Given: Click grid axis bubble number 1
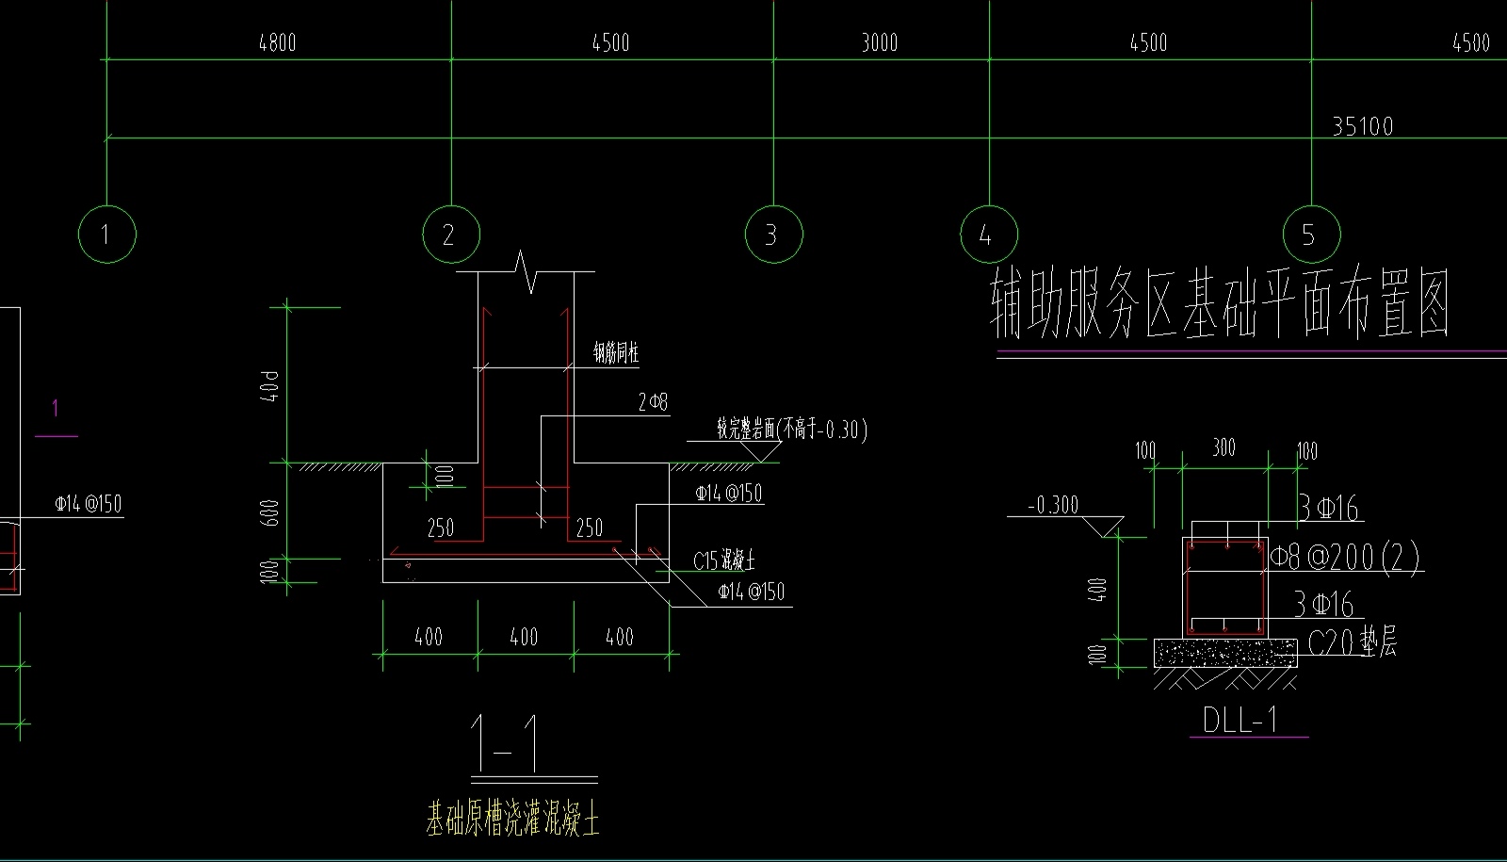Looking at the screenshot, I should pos(106,234).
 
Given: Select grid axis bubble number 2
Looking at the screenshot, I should pos(450,234).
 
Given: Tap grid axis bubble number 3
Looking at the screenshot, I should pos(773,234).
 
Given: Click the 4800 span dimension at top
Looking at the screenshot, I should pos(277,42).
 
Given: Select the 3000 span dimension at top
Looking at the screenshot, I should pos(880,42).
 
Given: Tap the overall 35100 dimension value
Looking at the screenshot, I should pos(1362,126).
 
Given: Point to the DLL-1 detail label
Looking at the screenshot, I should pos(1240,721).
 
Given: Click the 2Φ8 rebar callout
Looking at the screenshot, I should pos(653,403).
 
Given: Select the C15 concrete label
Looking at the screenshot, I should pos(723,561).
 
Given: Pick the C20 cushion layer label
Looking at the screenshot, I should pos(1353,643).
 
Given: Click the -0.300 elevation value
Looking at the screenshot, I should pos(1053,506).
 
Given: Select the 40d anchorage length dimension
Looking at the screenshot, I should pos(272,386).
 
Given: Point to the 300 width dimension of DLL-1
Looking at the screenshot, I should pos(1223,447).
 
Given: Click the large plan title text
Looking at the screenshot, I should pos(1220,304).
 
